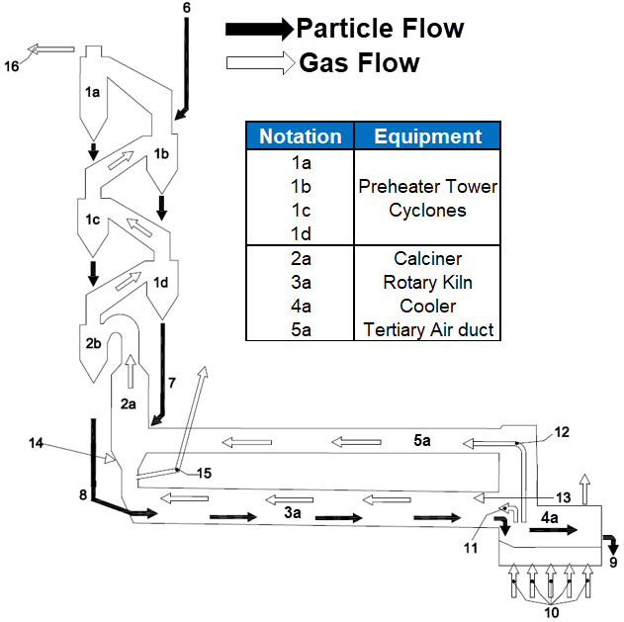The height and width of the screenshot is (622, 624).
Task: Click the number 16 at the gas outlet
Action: (12, 66)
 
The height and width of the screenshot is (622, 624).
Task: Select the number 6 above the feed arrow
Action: (187, 9)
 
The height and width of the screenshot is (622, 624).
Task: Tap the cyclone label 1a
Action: (93, 92)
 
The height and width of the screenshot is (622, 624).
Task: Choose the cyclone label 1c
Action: (93, 221)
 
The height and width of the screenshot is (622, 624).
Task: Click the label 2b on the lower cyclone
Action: (94, 343)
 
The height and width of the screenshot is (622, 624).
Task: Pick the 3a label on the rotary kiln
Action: (292, 512)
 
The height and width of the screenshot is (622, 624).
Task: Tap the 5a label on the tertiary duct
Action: (422, 440)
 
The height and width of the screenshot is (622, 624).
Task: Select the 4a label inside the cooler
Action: (551, 517)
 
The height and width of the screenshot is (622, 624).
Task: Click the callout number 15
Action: (203, 473)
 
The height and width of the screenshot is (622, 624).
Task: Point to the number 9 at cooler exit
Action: (613, 563)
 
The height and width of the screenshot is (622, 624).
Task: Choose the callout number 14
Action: (37, 444)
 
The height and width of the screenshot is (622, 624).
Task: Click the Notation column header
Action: (300, 136)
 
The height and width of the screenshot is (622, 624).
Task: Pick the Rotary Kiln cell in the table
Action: (428, 282)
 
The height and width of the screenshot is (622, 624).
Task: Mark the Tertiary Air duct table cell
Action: (428, 329)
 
